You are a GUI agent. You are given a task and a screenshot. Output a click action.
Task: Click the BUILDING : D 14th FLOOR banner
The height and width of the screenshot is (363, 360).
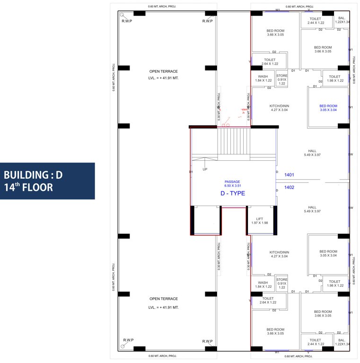tap(47, 181)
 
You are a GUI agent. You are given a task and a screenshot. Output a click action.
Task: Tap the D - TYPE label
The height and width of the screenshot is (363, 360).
tap(233, 193)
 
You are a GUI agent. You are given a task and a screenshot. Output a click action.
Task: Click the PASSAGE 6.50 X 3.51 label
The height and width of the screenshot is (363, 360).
tap(232, 184)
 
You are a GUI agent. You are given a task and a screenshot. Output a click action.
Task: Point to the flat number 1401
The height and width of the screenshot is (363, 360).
tap(289, 175)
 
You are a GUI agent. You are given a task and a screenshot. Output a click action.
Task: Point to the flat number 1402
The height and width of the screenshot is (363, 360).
tap(289, 187)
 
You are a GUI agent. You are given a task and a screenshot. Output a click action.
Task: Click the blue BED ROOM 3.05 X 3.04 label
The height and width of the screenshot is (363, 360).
tap(328, 108)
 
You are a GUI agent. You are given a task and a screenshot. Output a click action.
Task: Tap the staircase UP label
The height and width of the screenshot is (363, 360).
tap(205, 169)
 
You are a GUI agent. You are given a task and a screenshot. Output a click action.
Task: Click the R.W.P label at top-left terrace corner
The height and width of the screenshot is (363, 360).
tap(127, 21)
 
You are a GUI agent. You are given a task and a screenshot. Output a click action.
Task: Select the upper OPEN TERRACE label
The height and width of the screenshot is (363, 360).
tap(164, 74)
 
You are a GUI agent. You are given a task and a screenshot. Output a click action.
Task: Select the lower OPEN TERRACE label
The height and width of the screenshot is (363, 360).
tap(164, 302)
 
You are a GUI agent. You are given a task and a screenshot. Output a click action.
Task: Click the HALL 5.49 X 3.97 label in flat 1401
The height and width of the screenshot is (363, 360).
tap(312, 153)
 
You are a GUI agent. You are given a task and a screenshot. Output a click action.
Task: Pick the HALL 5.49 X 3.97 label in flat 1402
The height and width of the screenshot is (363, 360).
tap(312, 209)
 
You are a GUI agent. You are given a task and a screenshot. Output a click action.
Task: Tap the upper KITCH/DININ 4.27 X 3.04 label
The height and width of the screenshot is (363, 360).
tap(279, 108)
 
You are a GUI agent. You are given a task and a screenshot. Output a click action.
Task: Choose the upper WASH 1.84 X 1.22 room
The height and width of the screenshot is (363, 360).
tap(263, 78)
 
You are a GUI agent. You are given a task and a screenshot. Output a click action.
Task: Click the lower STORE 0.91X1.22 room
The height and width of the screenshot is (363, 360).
tap(282, 284)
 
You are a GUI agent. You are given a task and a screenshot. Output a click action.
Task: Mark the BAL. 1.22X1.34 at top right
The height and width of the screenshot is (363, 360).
tap(342, 20)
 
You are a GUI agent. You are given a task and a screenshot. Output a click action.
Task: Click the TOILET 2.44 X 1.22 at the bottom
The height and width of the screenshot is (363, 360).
tap(316, 342)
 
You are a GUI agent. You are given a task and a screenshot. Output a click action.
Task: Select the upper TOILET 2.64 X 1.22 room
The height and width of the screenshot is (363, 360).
tap(270, 62)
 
